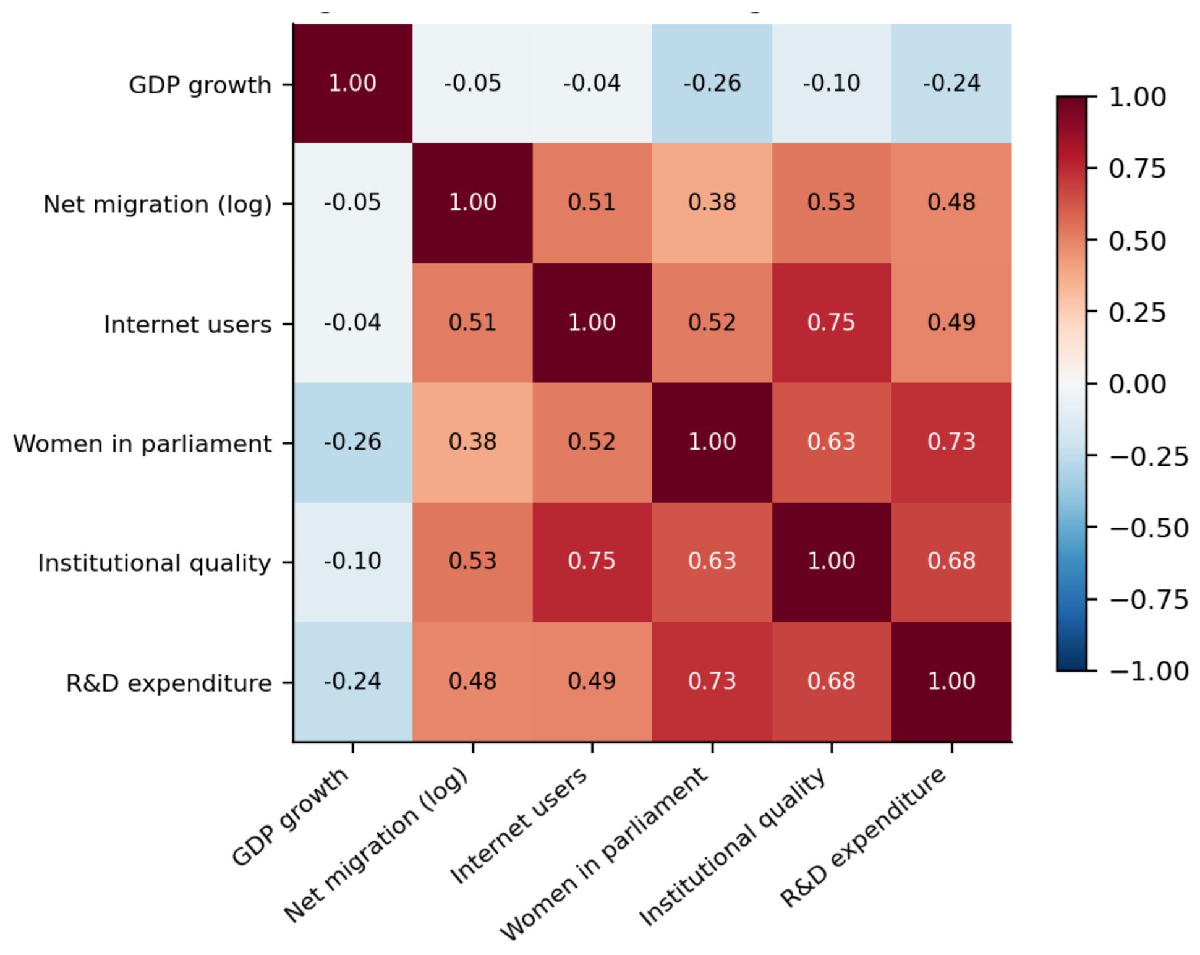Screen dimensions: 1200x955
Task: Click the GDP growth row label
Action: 200,85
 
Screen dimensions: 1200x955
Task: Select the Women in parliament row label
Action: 142,443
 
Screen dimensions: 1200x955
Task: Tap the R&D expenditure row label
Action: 169,683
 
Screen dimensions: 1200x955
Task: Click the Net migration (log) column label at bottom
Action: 376,844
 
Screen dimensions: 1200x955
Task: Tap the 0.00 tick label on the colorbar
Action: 1137,383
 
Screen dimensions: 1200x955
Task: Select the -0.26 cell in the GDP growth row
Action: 712,84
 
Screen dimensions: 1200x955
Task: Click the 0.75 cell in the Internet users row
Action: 832,323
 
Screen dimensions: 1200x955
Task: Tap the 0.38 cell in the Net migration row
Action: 712,203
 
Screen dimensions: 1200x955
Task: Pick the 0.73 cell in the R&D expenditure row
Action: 712,682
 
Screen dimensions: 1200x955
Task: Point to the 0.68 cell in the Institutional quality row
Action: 951,562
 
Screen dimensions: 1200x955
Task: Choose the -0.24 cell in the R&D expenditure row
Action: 352,682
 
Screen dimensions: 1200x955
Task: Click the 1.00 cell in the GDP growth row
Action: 352,84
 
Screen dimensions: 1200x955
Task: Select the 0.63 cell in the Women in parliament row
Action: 832,442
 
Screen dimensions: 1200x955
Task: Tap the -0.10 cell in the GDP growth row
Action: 832,84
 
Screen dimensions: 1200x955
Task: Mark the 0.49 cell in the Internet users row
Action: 951,323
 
